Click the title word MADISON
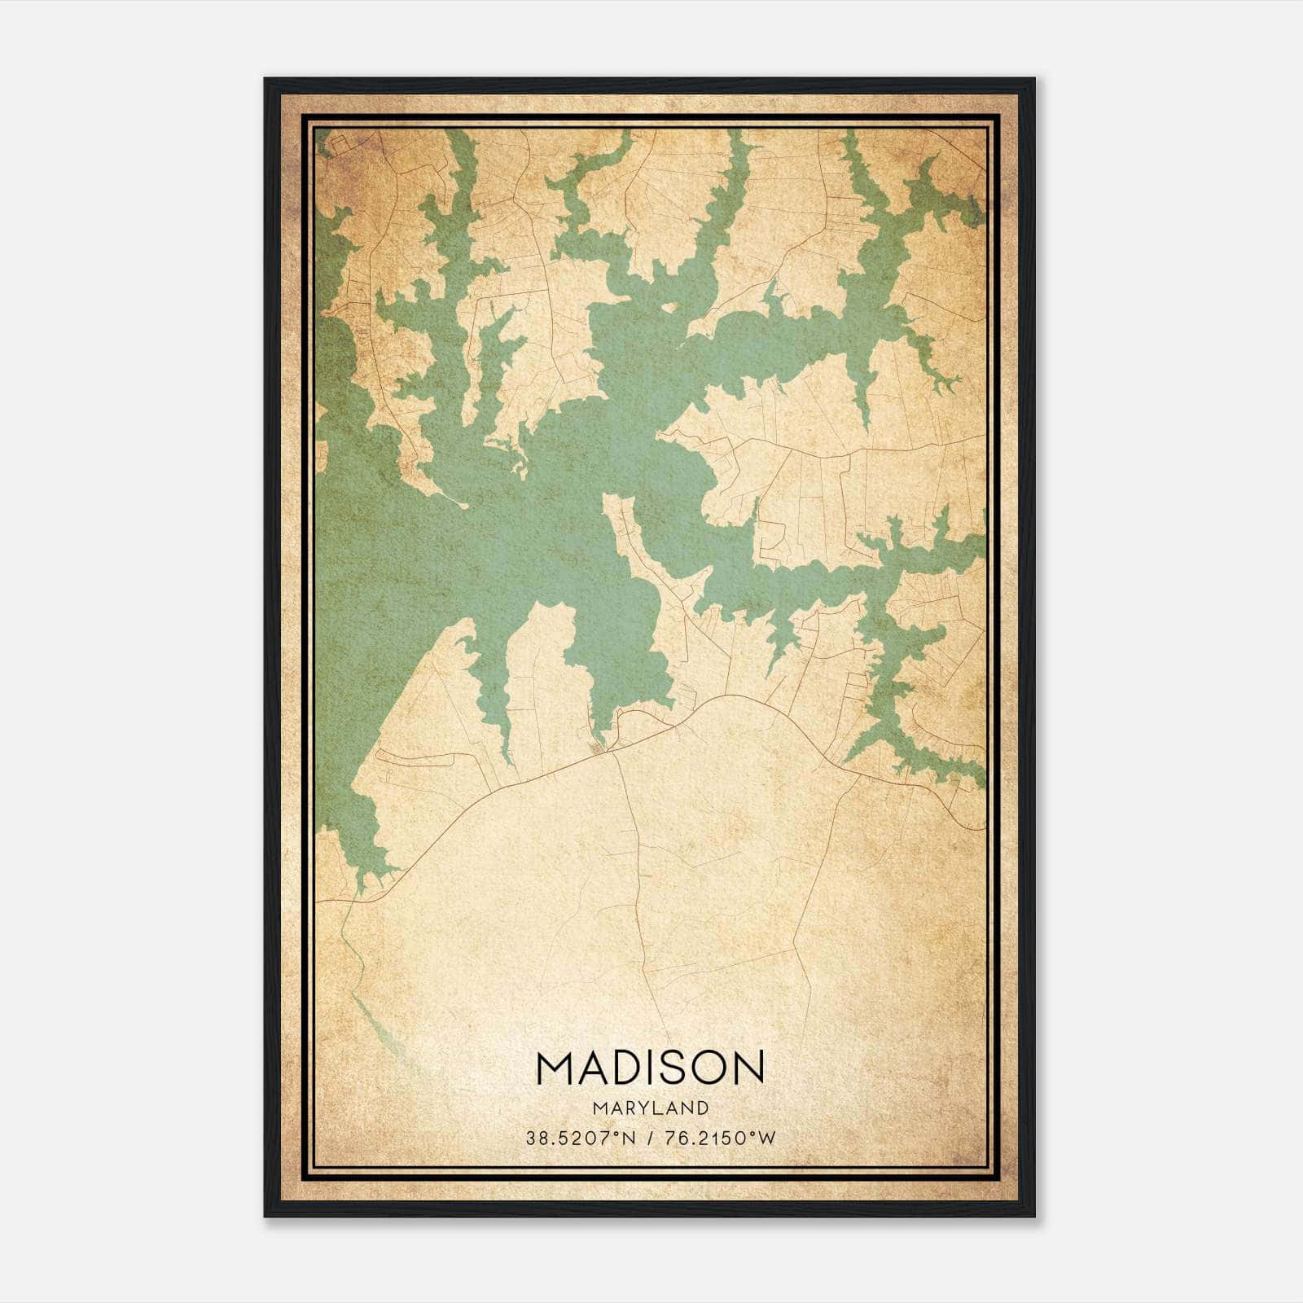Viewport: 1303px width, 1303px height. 651,1067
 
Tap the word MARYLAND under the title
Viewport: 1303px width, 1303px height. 651,1108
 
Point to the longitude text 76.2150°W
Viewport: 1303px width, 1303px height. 720,1138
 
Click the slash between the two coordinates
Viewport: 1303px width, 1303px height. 649,1138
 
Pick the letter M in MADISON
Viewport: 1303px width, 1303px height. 554,1067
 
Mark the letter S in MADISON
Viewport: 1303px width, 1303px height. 673,1067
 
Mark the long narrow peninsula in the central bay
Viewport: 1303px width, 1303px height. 643,554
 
